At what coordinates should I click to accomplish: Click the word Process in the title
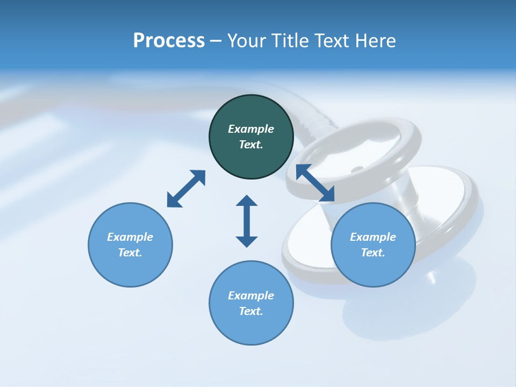(169, 41)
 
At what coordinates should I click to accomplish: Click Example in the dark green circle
(250, 129)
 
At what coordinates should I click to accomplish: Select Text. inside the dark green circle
(250, 145)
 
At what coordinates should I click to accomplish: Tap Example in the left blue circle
(130, 237)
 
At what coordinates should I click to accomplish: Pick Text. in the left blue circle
(130, 253)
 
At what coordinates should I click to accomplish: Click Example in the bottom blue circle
(250, 296)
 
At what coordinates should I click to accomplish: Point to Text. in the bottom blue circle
(250, 311)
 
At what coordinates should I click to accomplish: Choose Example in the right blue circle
(372, 237)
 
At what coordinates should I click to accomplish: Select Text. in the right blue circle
(372, 253)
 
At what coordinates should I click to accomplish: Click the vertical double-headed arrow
(247, 221)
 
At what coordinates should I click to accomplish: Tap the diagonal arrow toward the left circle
(186, 189)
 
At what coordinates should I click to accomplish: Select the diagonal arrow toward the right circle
(315, 183)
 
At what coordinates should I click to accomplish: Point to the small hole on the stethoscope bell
(357, 170)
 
